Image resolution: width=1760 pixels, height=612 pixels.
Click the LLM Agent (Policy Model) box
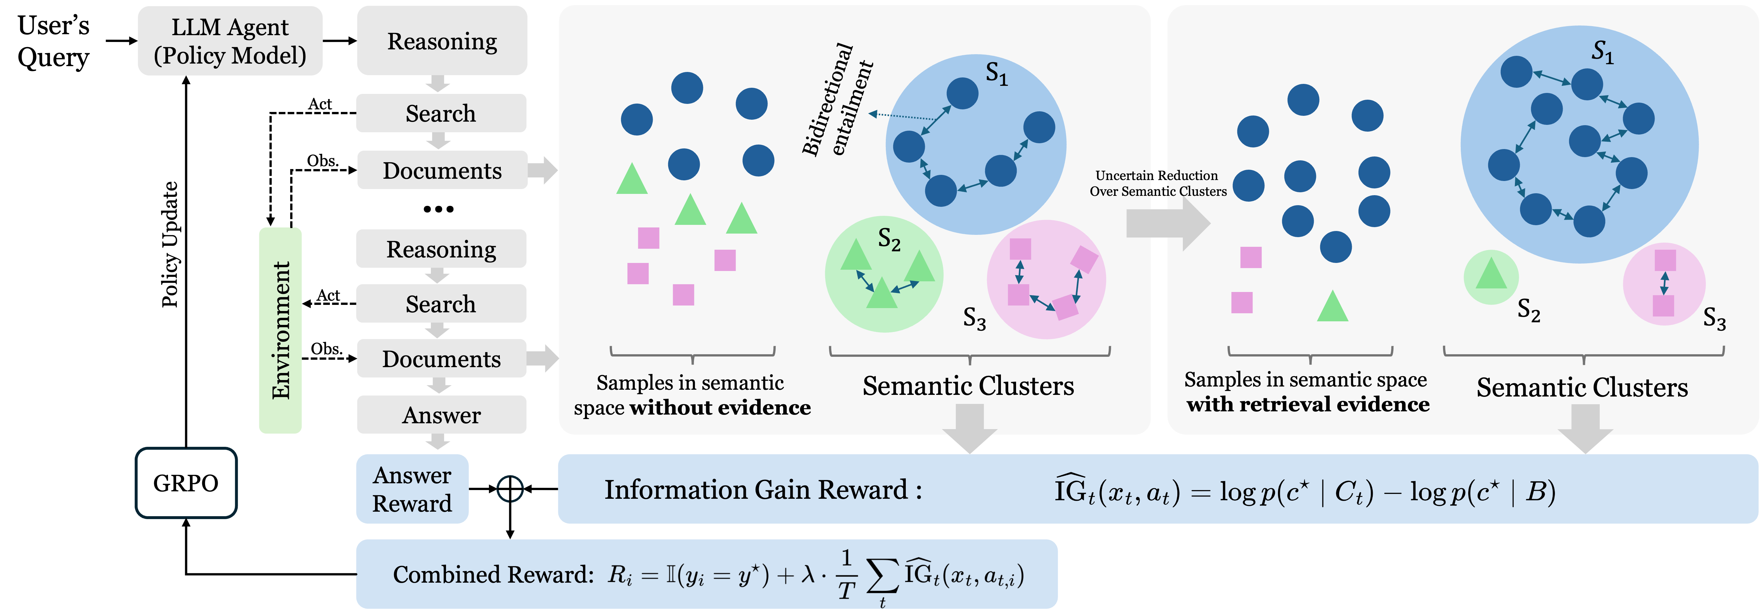point(230,41)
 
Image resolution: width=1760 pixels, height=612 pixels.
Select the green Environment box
point(280,330)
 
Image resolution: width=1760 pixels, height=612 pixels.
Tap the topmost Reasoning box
point(442,41)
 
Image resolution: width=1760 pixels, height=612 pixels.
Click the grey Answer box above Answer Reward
point(441,415)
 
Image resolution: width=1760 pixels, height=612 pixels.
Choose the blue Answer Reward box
point(412,489)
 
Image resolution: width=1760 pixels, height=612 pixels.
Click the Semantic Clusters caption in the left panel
point(968,386)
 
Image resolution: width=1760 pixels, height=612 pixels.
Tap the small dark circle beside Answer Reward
point(510,489)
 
